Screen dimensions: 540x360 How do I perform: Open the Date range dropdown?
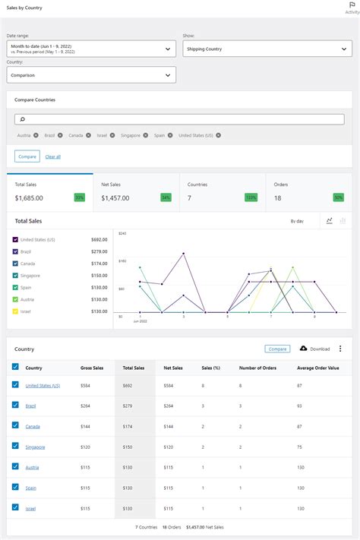coord(91,49)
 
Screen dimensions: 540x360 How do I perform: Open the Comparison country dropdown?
coord(91,75)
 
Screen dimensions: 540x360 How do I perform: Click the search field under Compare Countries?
coord(179,119)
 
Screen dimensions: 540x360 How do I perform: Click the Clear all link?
coord(52,156)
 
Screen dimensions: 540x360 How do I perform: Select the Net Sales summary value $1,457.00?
coord(116,197)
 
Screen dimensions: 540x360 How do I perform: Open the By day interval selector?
coord(297,221)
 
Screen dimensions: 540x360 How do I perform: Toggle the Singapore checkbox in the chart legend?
coord(15,276)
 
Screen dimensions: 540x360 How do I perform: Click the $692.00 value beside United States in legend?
coord(99,240)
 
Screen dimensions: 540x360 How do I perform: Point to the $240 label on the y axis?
coord(122,233)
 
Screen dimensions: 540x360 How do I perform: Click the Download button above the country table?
coord(315,349)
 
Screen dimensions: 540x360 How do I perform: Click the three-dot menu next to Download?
coord(340,349)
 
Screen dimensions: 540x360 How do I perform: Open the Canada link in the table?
coord(33,427)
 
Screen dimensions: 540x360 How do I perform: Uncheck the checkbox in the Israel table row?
coord(15,507)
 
